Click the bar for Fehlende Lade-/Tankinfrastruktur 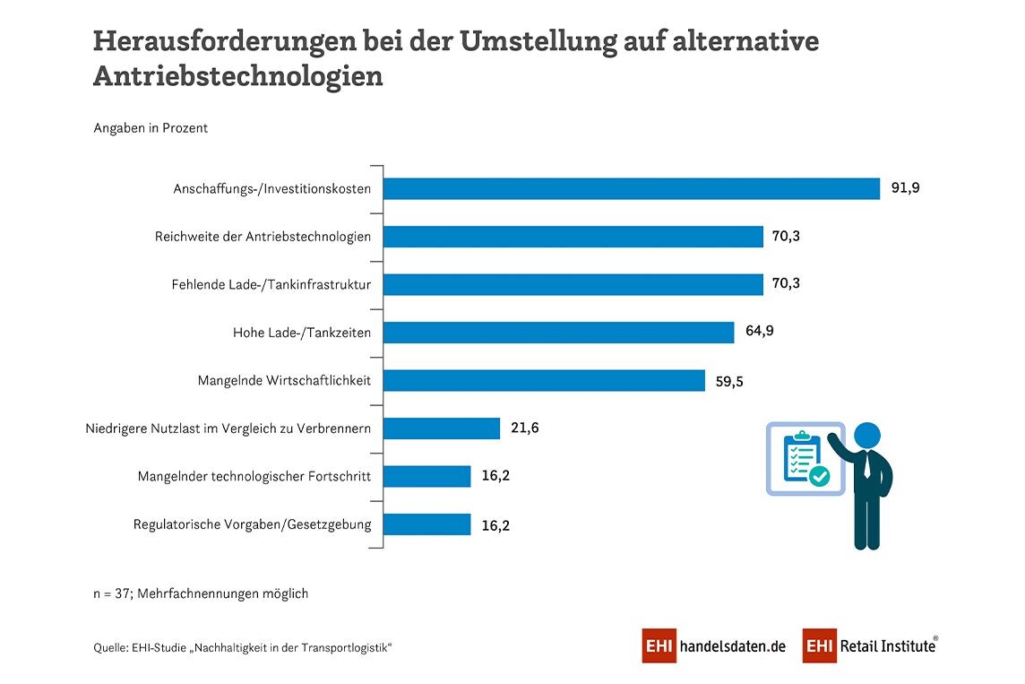coord(573,284)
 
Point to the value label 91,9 coord(906,188)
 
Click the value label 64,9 coord(760,332)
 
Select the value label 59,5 coord(730,381)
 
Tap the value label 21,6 coord(524,429)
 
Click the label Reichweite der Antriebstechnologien coord(263,237)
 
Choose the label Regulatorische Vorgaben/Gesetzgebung coord(252,524)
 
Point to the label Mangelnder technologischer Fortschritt coord(254,476)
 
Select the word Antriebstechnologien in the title coord(238,77)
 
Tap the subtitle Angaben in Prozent coord(151,128)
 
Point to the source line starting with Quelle coord(243,647)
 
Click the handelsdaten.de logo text coord(733,646)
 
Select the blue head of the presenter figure coord(866,436)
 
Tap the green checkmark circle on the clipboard coord(819,477)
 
